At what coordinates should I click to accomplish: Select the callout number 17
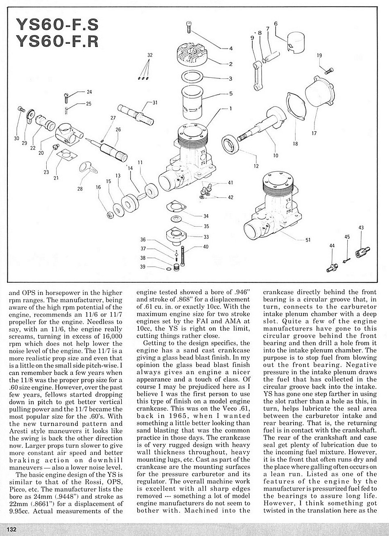(x=314, y=133)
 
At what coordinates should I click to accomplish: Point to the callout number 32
(x=149, y=55)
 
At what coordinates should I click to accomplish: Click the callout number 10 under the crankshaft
(x=275, y=155)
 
